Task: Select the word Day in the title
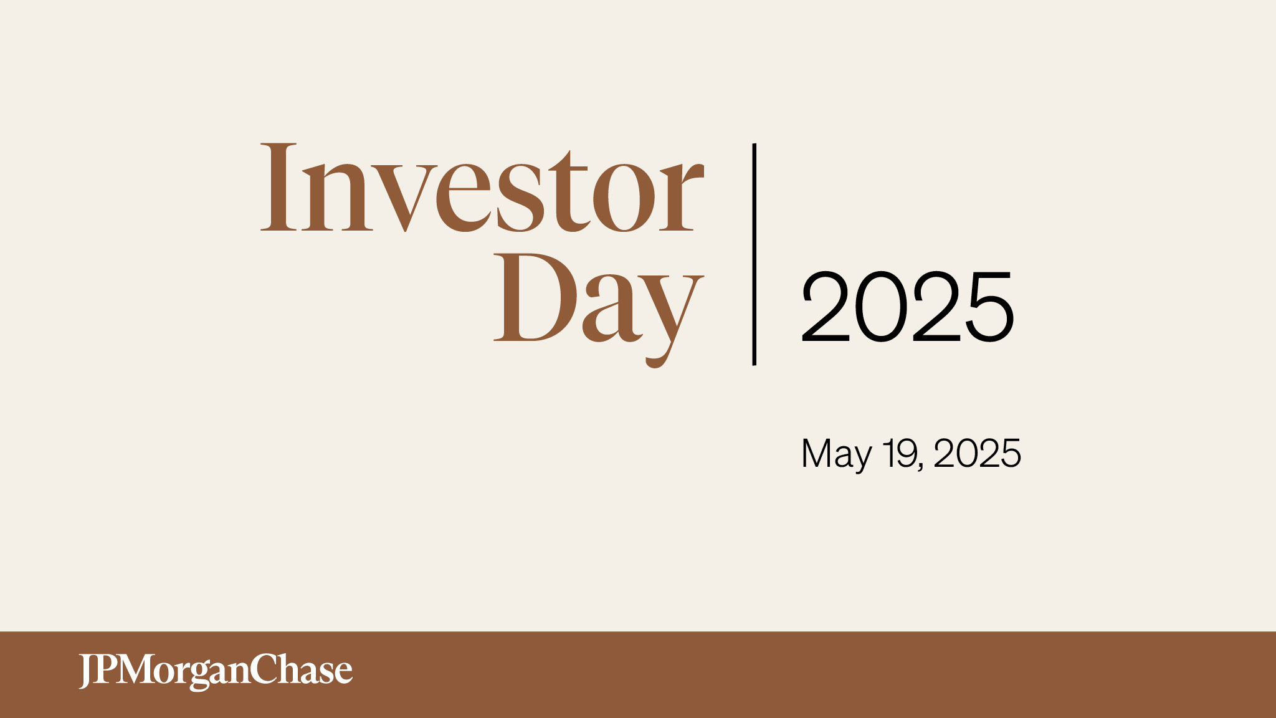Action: (x=599, y=310)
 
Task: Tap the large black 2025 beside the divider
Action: (x=908, y=307)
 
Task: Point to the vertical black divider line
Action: (x=755, y=254)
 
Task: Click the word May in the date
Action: (x=836, y=454)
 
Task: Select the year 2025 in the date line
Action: (x=977, y=453)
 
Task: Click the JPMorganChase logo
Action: (x=216, y=671)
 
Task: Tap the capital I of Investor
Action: (x=278, y=187)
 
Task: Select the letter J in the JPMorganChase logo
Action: (x=87, y=672)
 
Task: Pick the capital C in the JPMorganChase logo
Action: (x=264, y=669)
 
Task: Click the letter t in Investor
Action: (x=568, y=191)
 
